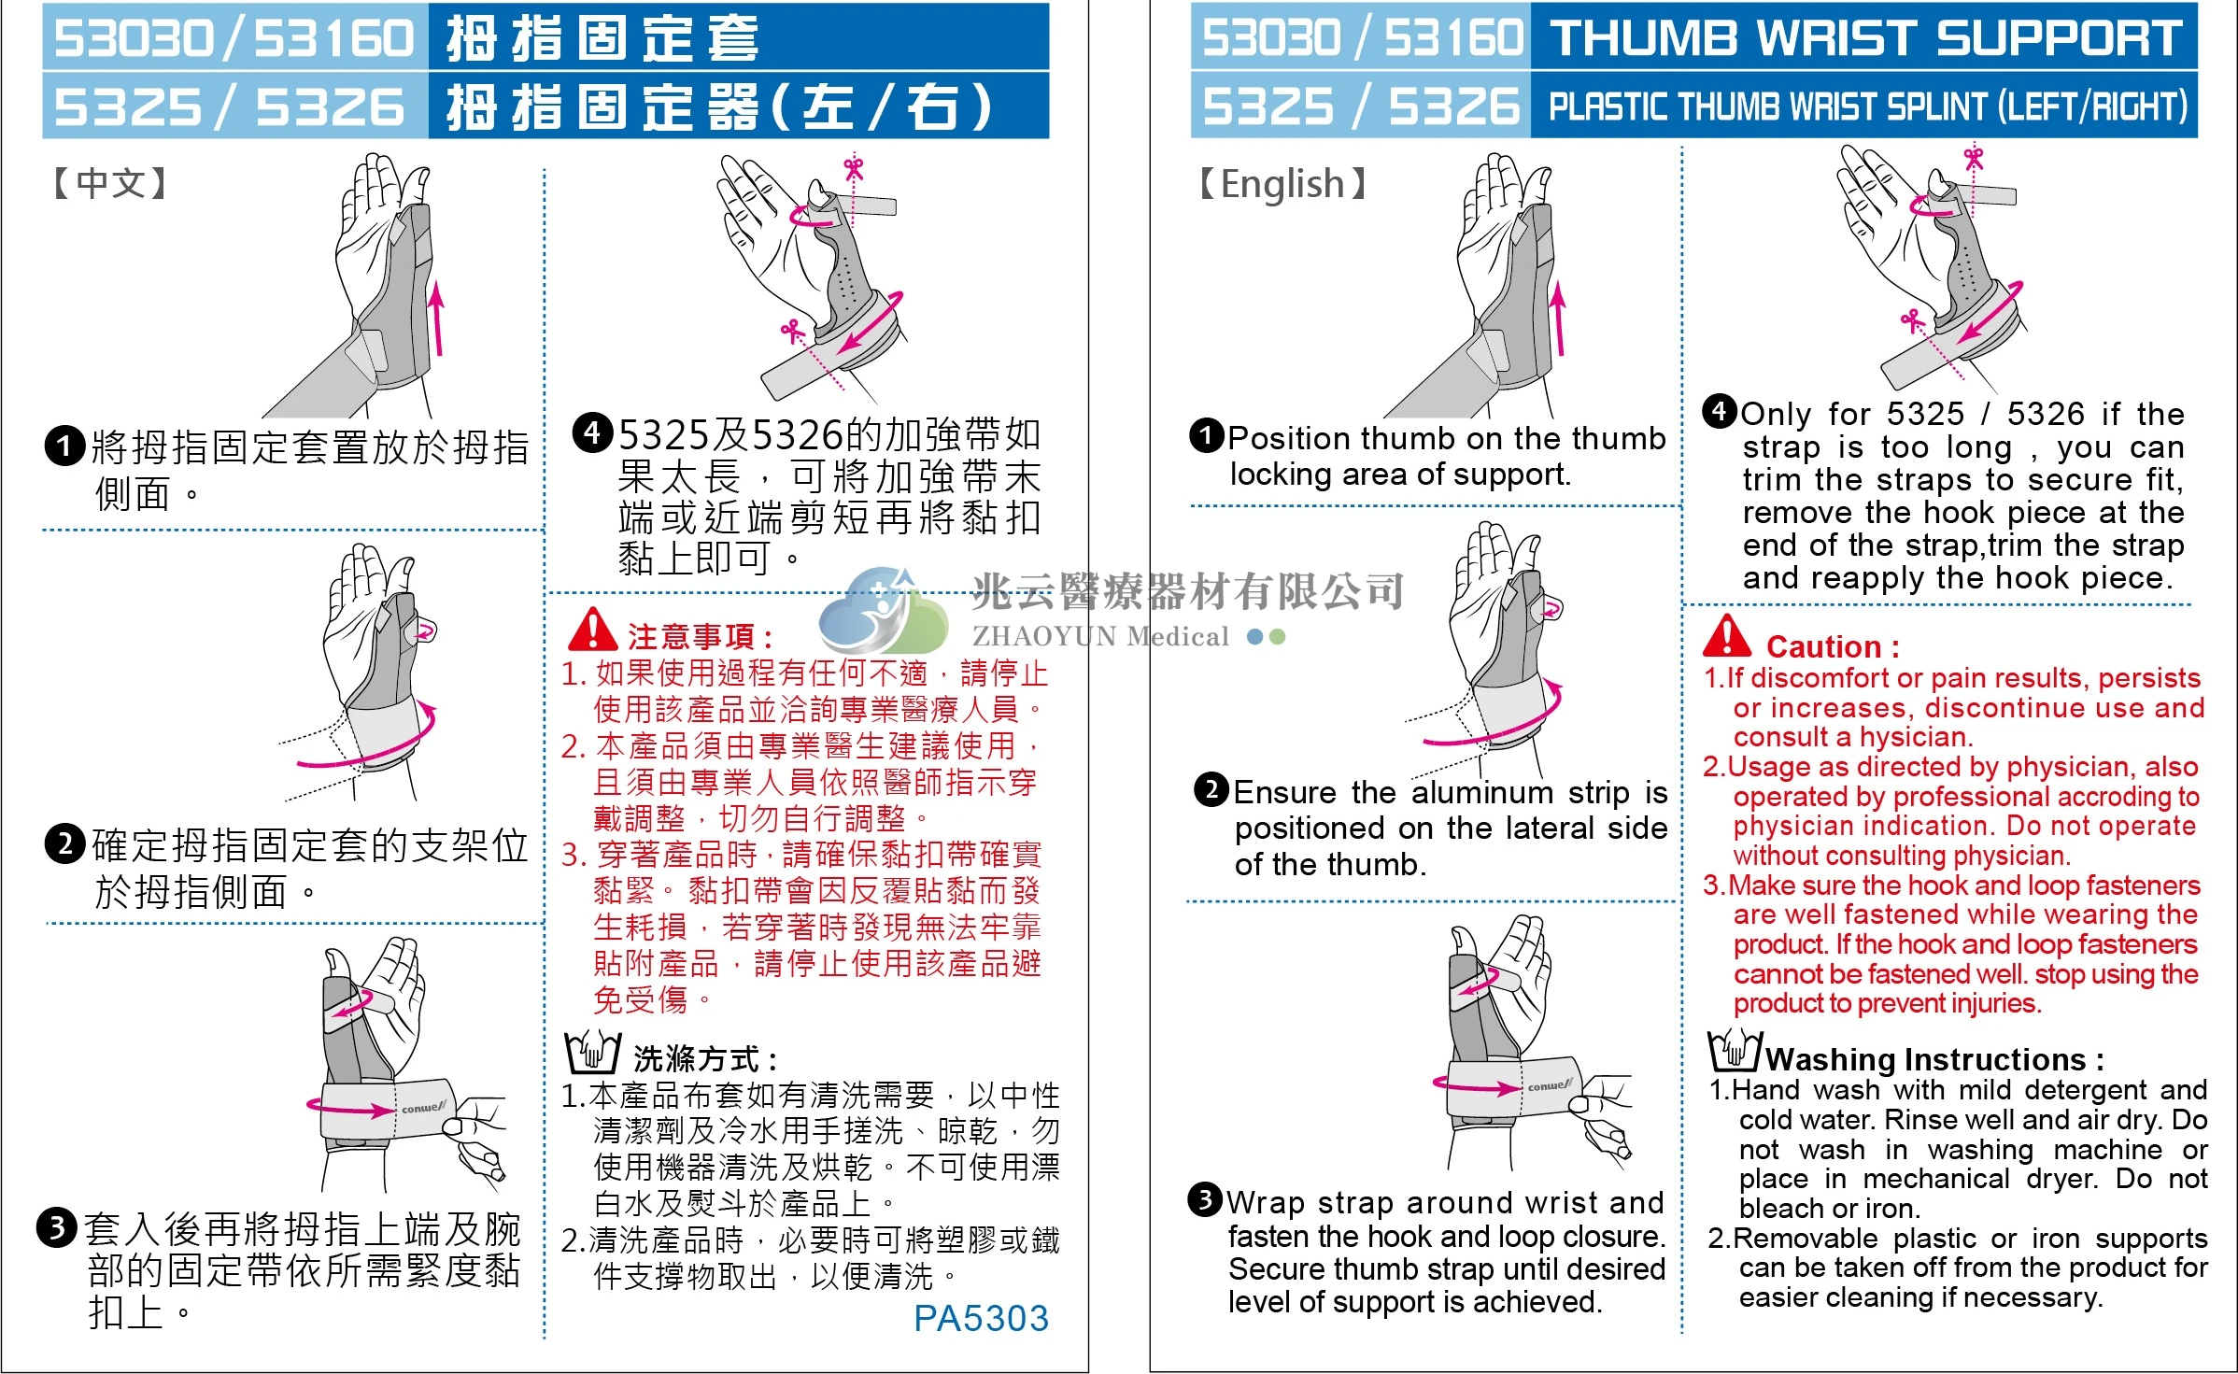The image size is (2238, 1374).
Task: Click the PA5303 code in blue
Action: tap(981, 1318)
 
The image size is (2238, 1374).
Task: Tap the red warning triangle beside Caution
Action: tap(1727, 636)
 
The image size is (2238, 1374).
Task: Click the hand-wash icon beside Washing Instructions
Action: tap(1735, 1051)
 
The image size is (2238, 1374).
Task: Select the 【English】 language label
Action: tap(1282, 184)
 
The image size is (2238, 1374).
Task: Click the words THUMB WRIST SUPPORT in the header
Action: tap(1865, 38)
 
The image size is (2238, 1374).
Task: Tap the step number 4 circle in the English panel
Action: tap(1720, 411)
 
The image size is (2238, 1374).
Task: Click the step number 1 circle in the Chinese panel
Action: tap(64, 446)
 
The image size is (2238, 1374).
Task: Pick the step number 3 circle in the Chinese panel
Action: tap(56, 1227)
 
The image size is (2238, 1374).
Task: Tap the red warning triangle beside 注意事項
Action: tap(593, 630)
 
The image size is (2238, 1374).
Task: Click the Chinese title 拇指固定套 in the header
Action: tap(602, 39)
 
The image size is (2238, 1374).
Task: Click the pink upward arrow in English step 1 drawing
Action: tap(1558, 319)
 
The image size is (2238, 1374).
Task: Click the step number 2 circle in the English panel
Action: tap(1211, 790)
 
